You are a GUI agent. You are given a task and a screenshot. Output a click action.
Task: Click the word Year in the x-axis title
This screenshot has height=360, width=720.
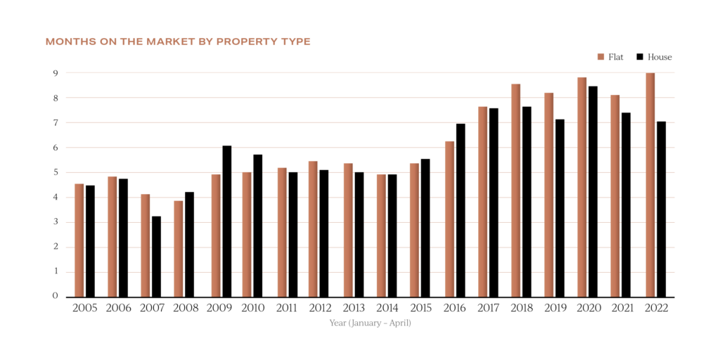[x=337, y=323]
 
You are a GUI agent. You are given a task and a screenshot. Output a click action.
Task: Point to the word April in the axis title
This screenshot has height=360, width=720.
[x=399, y=323]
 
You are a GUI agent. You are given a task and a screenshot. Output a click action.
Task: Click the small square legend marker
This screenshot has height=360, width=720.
[x=600, y=56]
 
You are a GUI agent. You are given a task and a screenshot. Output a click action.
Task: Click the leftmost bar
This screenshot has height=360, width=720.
[x=79, y=240]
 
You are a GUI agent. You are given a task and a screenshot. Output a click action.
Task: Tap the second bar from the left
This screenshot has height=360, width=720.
[x=112, y=236]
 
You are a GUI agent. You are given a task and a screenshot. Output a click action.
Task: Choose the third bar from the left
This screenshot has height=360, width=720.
[x=145, y=245]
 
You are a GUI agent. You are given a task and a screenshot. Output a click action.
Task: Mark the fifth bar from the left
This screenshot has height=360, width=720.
[x=216, y=235]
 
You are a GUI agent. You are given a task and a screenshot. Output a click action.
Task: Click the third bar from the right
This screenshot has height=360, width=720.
[x=582, y=186]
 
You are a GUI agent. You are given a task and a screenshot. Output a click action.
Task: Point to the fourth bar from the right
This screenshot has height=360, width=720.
[x=548, y=194]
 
